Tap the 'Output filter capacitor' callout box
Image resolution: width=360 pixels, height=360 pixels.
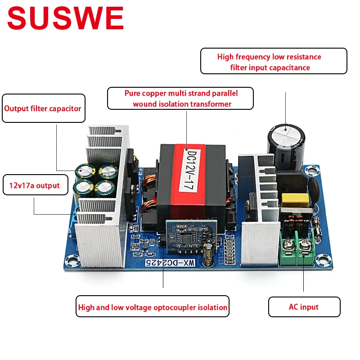43,108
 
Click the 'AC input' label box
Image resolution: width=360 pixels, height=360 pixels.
304,307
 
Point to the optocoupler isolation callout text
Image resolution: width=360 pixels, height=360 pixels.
153,308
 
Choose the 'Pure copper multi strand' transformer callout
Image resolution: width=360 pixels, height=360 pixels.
180,99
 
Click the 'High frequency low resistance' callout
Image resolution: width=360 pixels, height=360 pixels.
273,62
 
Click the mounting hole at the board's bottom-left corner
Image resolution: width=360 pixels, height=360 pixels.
70,261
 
